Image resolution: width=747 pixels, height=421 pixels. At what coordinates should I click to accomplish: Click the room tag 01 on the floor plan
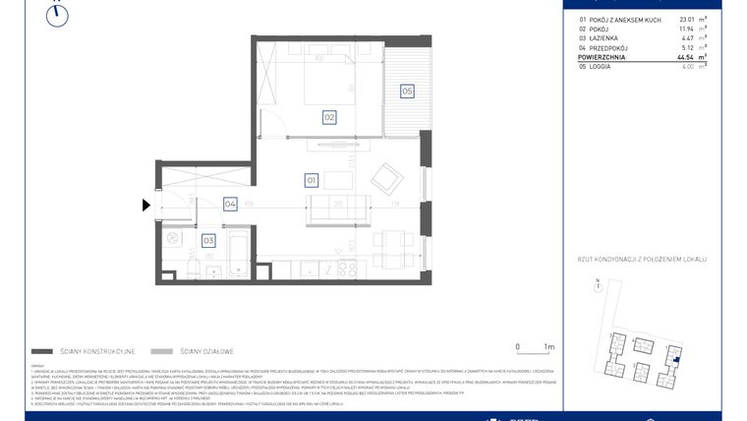tap(311, 181)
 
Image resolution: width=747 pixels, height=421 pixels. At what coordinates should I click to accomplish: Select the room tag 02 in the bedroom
tap(330, 117)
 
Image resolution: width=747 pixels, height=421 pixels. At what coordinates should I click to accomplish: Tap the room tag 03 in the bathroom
tap(208, 239)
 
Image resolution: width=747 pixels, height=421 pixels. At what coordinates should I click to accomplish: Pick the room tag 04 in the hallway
tap(230, 205)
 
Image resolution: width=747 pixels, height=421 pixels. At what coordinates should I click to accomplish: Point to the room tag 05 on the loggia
tap(406, 91)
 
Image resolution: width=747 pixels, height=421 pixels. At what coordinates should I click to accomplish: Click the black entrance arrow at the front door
tap(146, 206)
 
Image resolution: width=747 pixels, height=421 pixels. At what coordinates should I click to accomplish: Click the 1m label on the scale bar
tap(548, 347)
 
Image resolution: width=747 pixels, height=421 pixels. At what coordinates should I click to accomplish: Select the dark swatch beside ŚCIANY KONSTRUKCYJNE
tap(42, 351)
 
